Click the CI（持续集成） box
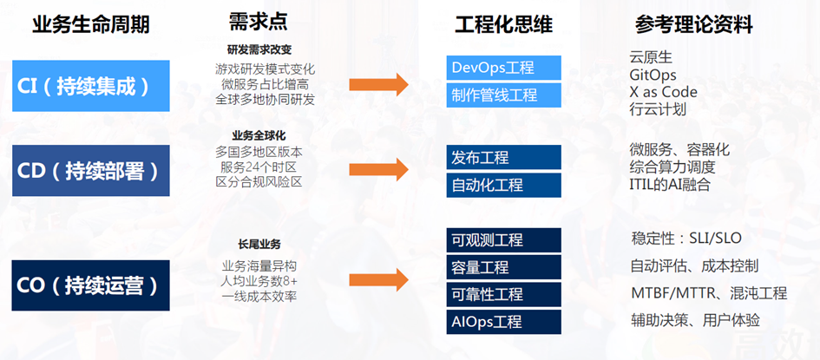click(90, 85)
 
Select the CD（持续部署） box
click(90, 170)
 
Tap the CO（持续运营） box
click(90, 285)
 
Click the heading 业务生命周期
click(90, 24)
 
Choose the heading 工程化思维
click(503, 24)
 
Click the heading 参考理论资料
click(694, 24)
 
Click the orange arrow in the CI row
click(378, 84)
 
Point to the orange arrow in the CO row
click(378, 280)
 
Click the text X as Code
click(663, 92)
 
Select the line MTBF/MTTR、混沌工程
click(708, 292)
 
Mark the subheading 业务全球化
click(259, 135)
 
